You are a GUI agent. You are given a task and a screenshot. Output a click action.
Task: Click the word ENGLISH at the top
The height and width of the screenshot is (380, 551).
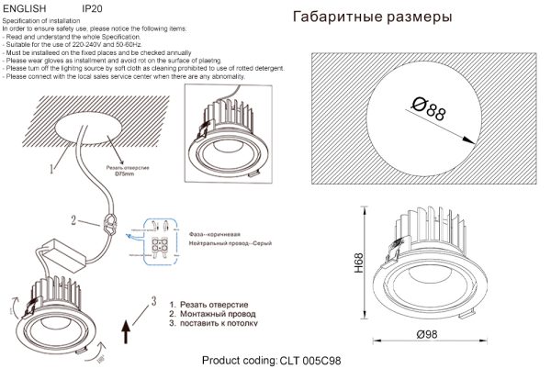point(27,7)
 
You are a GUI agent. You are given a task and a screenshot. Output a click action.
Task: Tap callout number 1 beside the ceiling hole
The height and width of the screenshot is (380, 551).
point(52,168)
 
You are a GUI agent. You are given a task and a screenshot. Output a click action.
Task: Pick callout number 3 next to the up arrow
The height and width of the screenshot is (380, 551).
point(154,302)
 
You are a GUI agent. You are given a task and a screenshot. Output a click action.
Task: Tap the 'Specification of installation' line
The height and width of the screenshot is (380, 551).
point(42,20)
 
